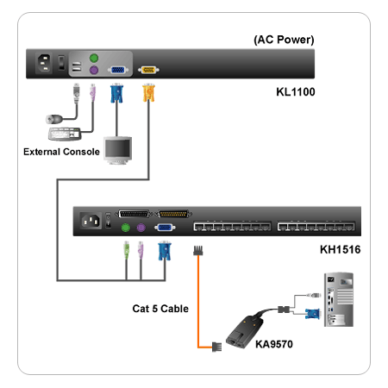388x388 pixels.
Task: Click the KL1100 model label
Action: (x=296, y=92)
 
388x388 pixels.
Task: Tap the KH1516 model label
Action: (x=340, y=249)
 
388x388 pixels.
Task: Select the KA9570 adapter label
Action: (x=274, y=344)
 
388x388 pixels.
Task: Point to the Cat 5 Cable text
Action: (x=160, y=309)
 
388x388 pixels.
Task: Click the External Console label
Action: (x=61, y=152)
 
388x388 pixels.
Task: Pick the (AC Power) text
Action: (x=284, y=40)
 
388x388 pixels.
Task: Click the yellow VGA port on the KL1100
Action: (x=148, y=70)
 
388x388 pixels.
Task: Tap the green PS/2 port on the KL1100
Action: (x=94, y=58)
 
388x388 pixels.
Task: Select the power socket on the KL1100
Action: (x=45, y=63)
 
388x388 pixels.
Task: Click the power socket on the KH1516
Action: (x=91, y=221)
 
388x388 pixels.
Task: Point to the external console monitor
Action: (x=118, y=150)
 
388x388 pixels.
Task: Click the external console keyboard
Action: (x=64, y=134)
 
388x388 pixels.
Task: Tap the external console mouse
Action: (x=54, y=119)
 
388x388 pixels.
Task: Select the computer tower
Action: (x=339, y=299)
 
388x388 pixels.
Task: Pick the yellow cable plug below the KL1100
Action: (x=148, y=92)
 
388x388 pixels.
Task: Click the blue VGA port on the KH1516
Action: (x=165, y=228)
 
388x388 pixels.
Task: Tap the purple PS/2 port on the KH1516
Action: (x=141, y=228)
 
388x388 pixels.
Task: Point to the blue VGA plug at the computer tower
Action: (x=312, y=314)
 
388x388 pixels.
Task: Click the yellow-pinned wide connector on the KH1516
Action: (x=173, y=214)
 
